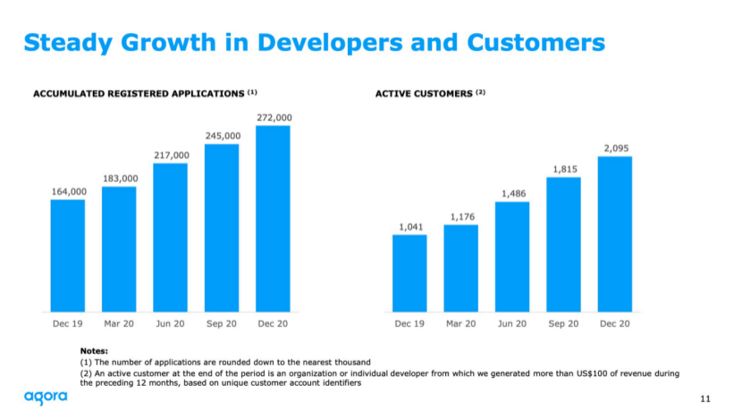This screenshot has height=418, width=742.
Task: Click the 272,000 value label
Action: tap(273, 117)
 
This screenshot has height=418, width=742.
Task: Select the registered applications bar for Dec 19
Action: tap(68, 255)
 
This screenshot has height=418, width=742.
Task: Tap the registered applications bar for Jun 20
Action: tap(170, 237)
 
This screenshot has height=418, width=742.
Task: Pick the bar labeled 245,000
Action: tap(222, 227)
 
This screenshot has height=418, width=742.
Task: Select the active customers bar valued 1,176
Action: tap(460, 267)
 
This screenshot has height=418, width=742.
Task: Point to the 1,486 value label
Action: tap(512, 193)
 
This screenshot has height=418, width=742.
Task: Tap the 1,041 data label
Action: tap(409, 227)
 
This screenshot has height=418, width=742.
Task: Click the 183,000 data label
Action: tap(119, 179)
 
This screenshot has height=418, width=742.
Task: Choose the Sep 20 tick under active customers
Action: tap(563, 323)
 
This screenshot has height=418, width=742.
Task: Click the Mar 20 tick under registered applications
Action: tap(119, 323)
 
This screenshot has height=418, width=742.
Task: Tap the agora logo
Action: tap(46, 397)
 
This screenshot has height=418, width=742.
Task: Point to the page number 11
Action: tap(704, 398)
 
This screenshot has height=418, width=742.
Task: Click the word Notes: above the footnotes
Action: tap(94, 352)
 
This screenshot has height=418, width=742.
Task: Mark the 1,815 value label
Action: tap(563, 169)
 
